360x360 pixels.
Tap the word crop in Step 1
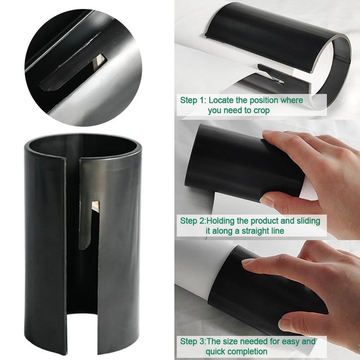point(260,110)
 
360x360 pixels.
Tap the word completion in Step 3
point(247,351)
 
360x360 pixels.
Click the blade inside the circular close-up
point(100,60)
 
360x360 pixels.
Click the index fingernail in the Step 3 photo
point(248,261)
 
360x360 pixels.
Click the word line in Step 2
point(276,231)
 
